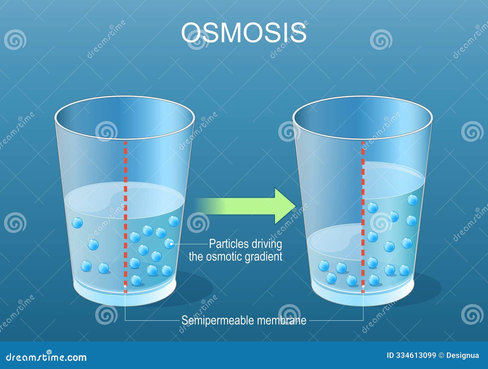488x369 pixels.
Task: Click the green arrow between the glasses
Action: [247, 206]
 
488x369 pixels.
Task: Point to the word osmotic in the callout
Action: [224, 256]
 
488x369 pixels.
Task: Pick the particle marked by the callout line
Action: [170, 244]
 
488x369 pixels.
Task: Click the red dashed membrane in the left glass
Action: [125, 213]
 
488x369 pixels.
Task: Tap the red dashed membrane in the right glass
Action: [363, 213]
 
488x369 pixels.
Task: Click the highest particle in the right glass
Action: [412, 200]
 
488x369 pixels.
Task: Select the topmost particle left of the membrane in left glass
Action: [77, 223]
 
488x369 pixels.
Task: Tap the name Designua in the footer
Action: [462, 355]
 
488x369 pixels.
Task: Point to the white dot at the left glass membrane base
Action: [125, 286]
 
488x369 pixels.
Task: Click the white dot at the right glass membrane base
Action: [363, 286]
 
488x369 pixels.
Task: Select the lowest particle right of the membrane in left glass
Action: [136, 280]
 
